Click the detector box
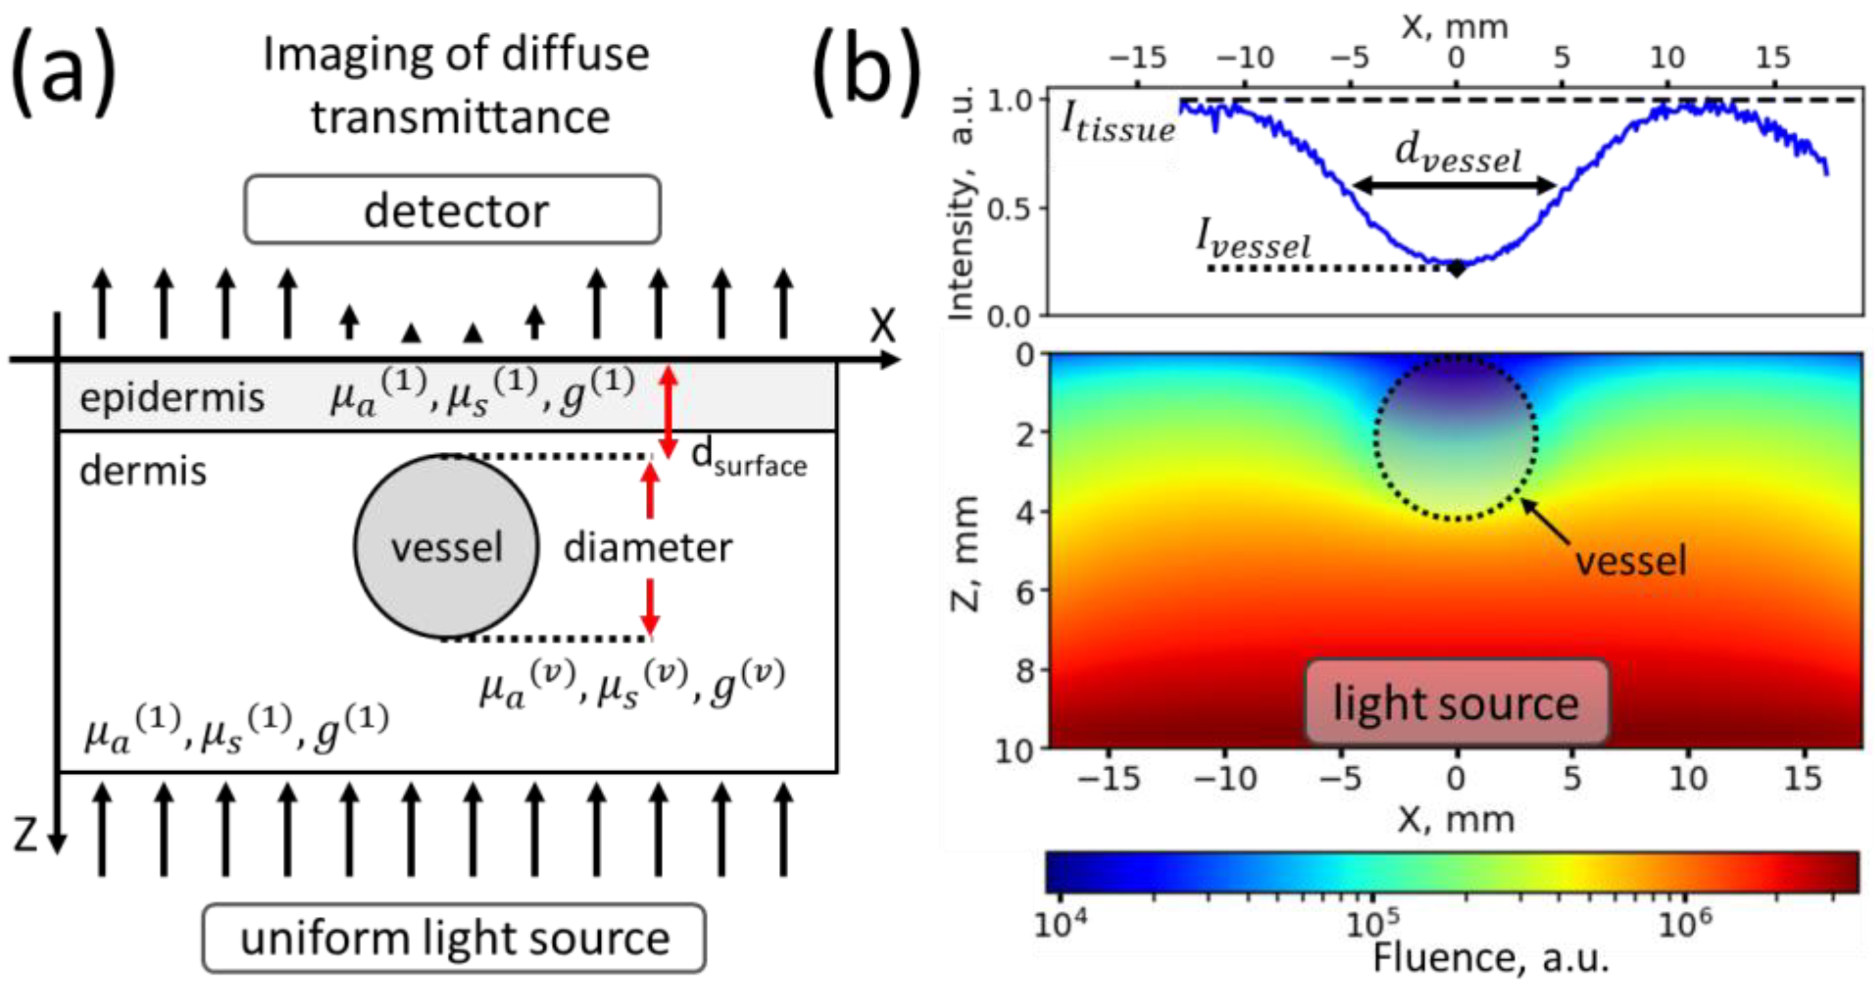coord(453,210)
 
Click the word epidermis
coord(172,398)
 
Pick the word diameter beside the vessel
coord(647,547)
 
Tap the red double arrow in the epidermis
coord(668,411)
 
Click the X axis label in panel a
coord(882,325)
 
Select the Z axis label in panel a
coord(25,835)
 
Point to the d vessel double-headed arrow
coord(1454,185)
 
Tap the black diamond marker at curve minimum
coord(1456,268)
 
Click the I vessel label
coord(1253,240)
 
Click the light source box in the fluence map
coord(1456,702)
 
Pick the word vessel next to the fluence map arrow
coord(1631,561)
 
